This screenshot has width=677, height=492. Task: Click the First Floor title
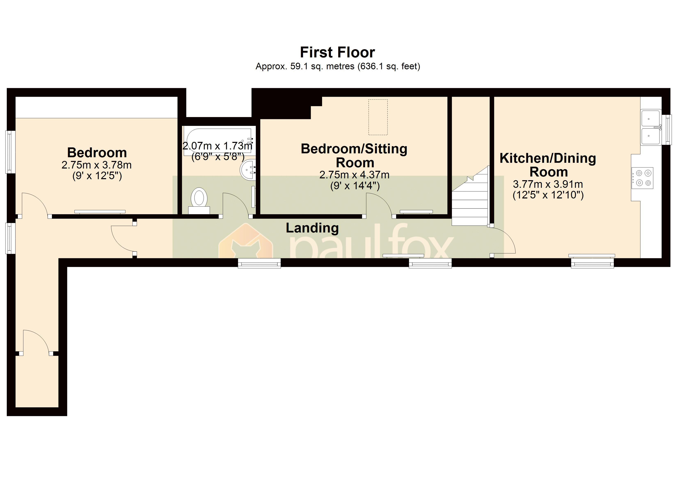[x=337, y=52]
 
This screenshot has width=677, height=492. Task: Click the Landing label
[x=312, y=228]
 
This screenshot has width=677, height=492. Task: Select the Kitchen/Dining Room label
[x=548, y=165]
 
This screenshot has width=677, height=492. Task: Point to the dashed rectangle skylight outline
[x=378, y=117]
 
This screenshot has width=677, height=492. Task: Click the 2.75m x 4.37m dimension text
[x=354, y=175]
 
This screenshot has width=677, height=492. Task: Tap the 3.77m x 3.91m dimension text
[x=548, y=184]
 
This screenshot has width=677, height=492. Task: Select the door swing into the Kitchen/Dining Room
[x=504, y=242]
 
